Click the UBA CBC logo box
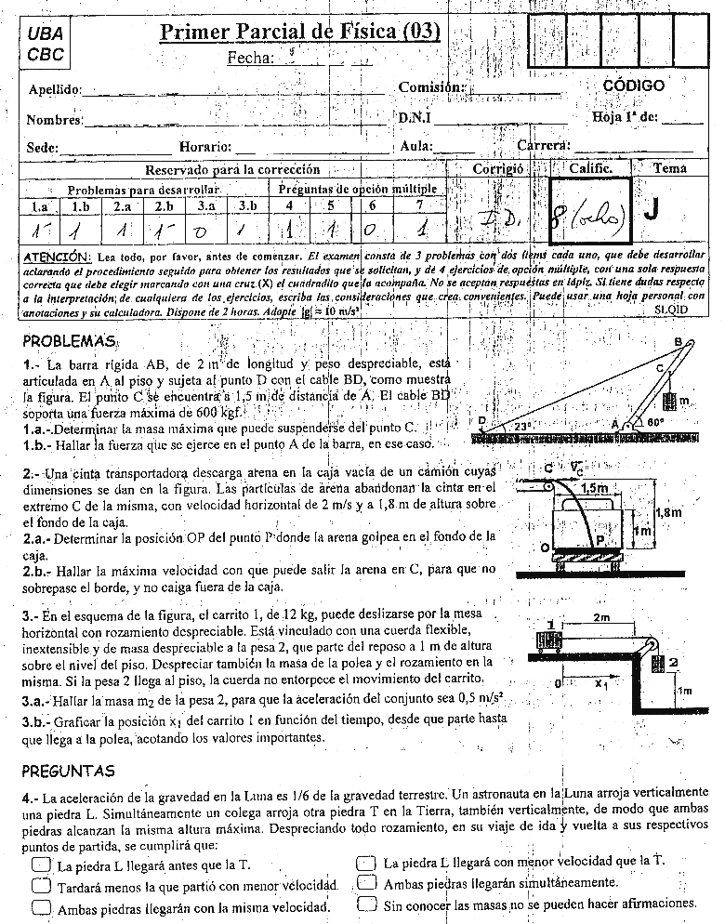tap(45, 44)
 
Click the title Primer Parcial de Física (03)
tap(300, 33)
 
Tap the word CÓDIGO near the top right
tap(633, 86)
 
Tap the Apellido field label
tap(55, 90)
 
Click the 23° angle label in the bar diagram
tap(522, 426)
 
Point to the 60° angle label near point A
tap(656, 422)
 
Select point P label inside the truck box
tap(600, 539)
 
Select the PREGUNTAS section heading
tap(69, 771)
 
